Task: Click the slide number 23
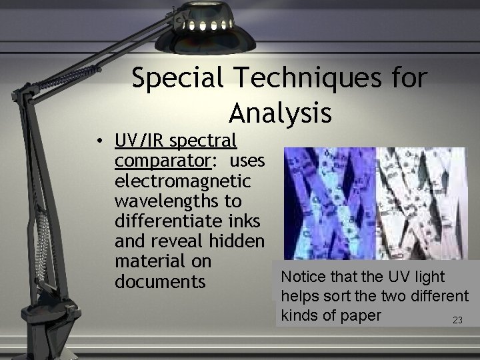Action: pyautogui.click(x=457, y=321)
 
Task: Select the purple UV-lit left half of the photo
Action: pyautogui.click(x=327, y=203)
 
